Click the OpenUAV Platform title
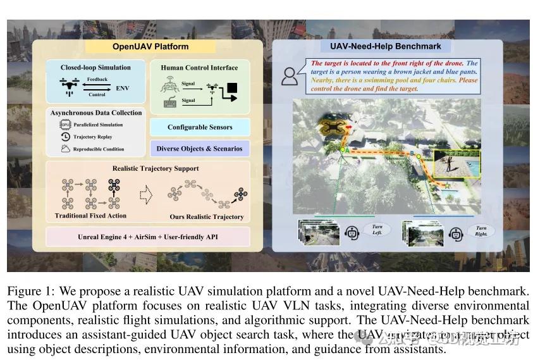(150, 46)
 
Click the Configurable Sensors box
(200, 127)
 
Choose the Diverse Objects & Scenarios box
(200, 149)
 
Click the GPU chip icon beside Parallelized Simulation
(65, 125)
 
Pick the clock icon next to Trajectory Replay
(65, 137)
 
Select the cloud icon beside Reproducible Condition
(65, 149)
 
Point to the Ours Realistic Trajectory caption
(207, 217)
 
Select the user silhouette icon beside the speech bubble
(290, 76)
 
